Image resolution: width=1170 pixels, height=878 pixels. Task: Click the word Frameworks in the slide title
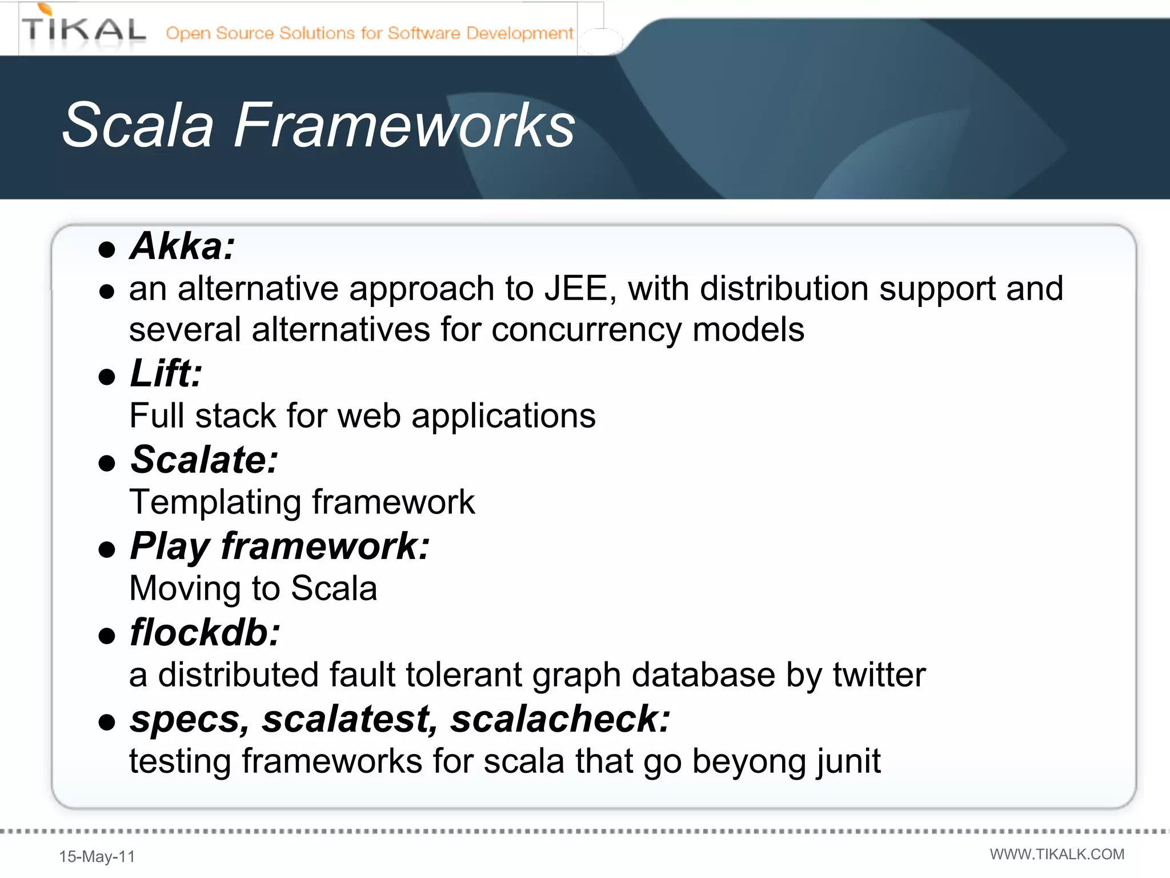[x=404, y=126]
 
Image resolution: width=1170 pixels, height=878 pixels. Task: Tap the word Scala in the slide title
[x=138, y=126]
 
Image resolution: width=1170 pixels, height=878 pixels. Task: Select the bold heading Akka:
[x=182, y=246]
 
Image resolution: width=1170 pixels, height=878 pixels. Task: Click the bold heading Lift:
[x=166, y=374]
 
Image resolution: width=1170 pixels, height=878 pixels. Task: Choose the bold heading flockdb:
[x=205, y=633]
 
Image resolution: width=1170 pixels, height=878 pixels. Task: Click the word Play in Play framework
[x=170, y=546]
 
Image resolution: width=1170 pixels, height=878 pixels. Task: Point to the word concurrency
[x=586, y=330]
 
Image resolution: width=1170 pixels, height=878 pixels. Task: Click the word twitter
[x=879, y=675]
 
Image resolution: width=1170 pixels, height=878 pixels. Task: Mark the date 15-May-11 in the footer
[x=97, y=856]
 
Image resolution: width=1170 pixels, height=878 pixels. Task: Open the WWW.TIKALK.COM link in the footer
[x=1057, y=854]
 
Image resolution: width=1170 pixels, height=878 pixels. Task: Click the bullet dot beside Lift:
[x=107, y=377]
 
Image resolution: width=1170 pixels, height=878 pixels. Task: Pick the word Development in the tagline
[x=519, y=33]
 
